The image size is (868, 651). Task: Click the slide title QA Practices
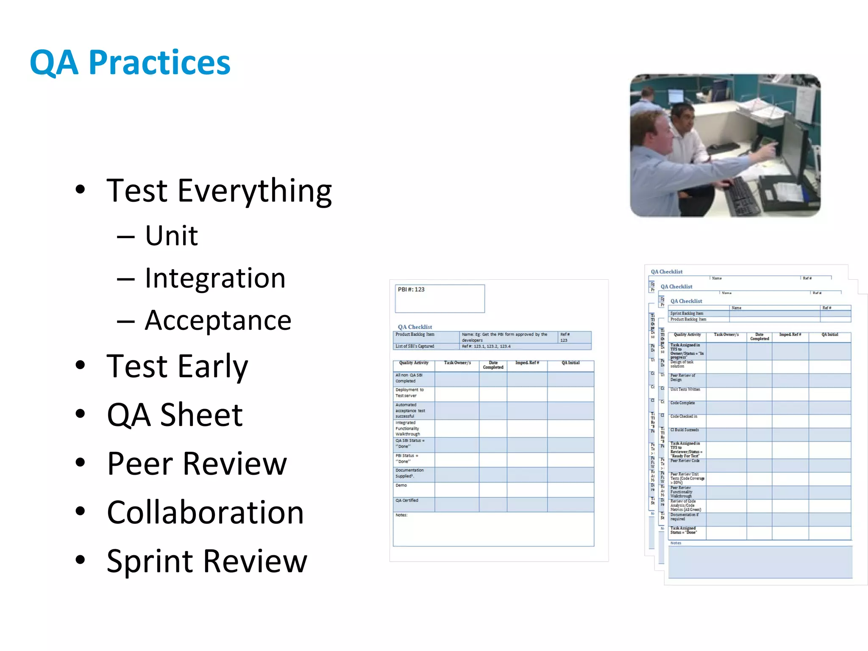(130, 63)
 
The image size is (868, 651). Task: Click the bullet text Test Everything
(219, 191)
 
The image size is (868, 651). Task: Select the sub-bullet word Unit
(171, 236)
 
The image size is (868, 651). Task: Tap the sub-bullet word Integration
(215, 278)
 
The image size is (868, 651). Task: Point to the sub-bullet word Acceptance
(218, 320)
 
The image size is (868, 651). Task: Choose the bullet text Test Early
(177, 366)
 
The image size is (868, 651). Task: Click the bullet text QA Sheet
(175, 415)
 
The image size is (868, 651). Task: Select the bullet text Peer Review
(197, 464)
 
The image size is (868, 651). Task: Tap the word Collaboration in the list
(205, 512)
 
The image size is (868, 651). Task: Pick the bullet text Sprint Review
(207, 561)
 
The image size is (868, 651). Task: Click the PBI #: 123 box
(440, 298)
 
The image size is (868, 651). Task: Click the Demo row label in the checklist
(401, 486)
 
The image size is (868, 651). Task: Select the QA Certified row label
(407, 501)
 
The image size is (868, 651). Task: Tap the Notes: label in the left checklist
(401, 515)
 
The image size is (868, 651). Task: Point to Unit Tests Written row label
(685, 389)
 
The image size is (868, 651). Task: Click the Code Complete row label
(682, 403)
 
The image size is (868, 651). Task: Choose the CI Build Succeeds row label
(684, 430)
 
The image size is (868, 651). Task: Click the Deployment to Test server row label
(409, 393)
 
